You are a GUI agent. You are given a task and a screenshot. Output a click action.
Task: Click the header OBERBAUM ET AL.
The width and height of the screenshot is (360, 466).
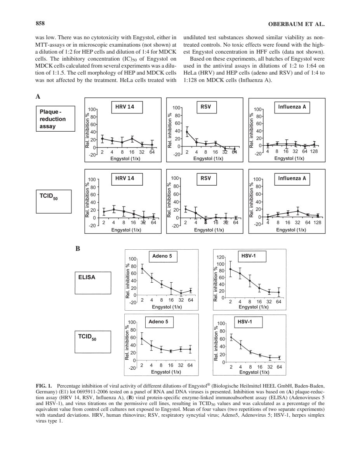coord(296,24)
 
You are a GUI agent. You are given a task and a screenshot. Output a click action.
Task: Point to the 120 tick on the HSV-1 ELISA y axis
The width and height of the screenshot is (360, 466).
coord(221,257)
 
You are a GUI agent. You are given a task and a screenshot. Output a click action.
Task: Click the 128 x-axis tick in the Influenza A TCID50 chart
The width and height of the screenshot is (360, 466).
coord(317,223)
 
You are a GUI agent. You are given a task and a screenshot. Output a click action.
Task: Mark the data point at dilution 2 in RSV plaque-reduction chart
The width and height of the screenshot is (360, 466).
coord(187,132)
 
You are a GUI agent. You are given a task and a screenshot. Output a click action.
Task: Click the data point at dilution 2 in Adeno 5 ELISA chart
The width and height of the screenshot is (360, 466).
coord(142,269)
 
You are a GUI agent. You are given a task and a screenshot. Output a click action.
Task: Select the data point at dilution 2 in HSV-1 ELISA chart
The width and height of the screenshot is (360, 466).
coord(231,269)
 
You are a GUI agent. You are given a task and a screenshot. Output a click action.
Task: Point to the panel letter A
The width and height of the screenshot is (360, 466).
coord(38,97)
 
